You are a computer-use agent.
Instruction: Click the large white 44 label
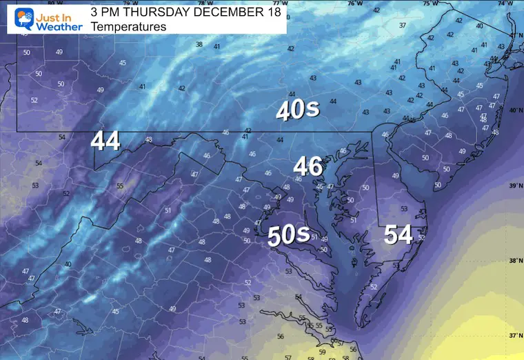(x=105, y=141)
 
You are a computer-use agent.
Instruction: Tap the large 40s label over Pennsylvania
(x=297, y=110)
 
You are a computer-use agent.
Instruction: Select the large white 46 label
(x=308, y=166)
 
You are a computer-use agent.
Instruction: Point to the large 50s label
(x=288, y=235)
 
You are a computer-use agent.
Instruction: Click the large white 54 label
(x=399, y=234)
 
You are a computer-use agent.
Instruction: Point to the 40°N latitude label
(x=514, y=110)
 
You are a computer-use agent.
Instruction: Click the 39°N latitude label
(x=514, y=186)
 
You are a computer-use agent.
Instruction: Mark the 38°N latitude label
(x=514, y=261)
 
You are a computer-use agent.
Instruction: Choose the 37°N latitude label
(x=514, y=336)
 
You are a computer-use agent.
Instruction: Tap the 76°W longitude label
(x=354, y=3)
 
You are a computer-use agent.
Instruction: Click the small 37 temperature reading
(x=403, y=26)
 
